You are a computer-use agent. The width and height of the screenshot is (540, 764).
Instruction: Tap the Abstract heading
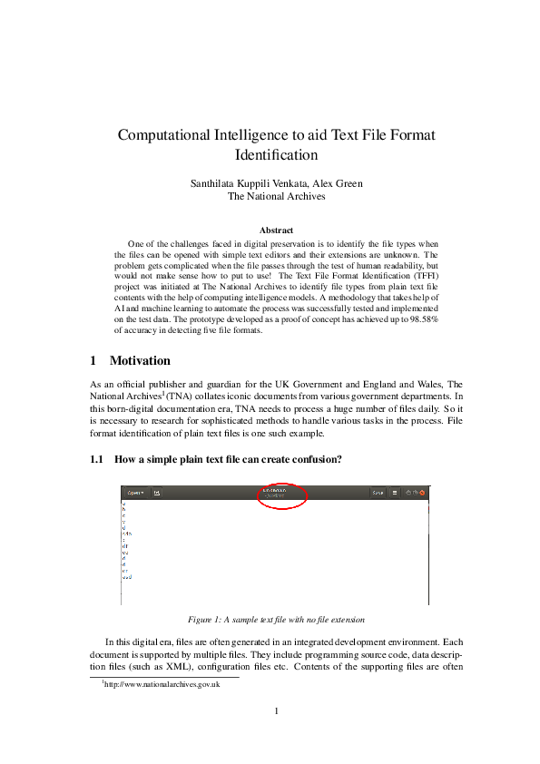coord(276,230)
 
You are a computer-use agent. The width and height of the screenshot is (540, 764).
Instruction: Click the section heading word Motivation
coord(140,361)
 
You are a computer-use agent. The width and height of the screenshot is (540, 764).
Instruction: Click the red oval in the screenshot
coord(283,495)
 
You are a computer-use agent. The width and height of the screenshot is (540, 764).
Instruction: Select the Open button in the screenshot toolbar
coord(135,493)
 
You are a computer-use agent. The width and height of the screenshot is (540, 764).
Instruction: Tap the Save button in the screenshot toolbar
coord(378,493)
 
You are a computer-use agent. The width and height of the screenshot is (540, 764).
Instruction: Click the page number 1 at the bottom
coord(275,710)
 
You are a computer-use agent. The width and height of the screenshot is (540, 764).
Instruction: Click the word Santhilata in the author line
coord(211,183)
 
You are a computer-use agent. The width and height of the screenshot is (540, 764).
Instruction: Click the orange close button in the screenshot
coord(422,493)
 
